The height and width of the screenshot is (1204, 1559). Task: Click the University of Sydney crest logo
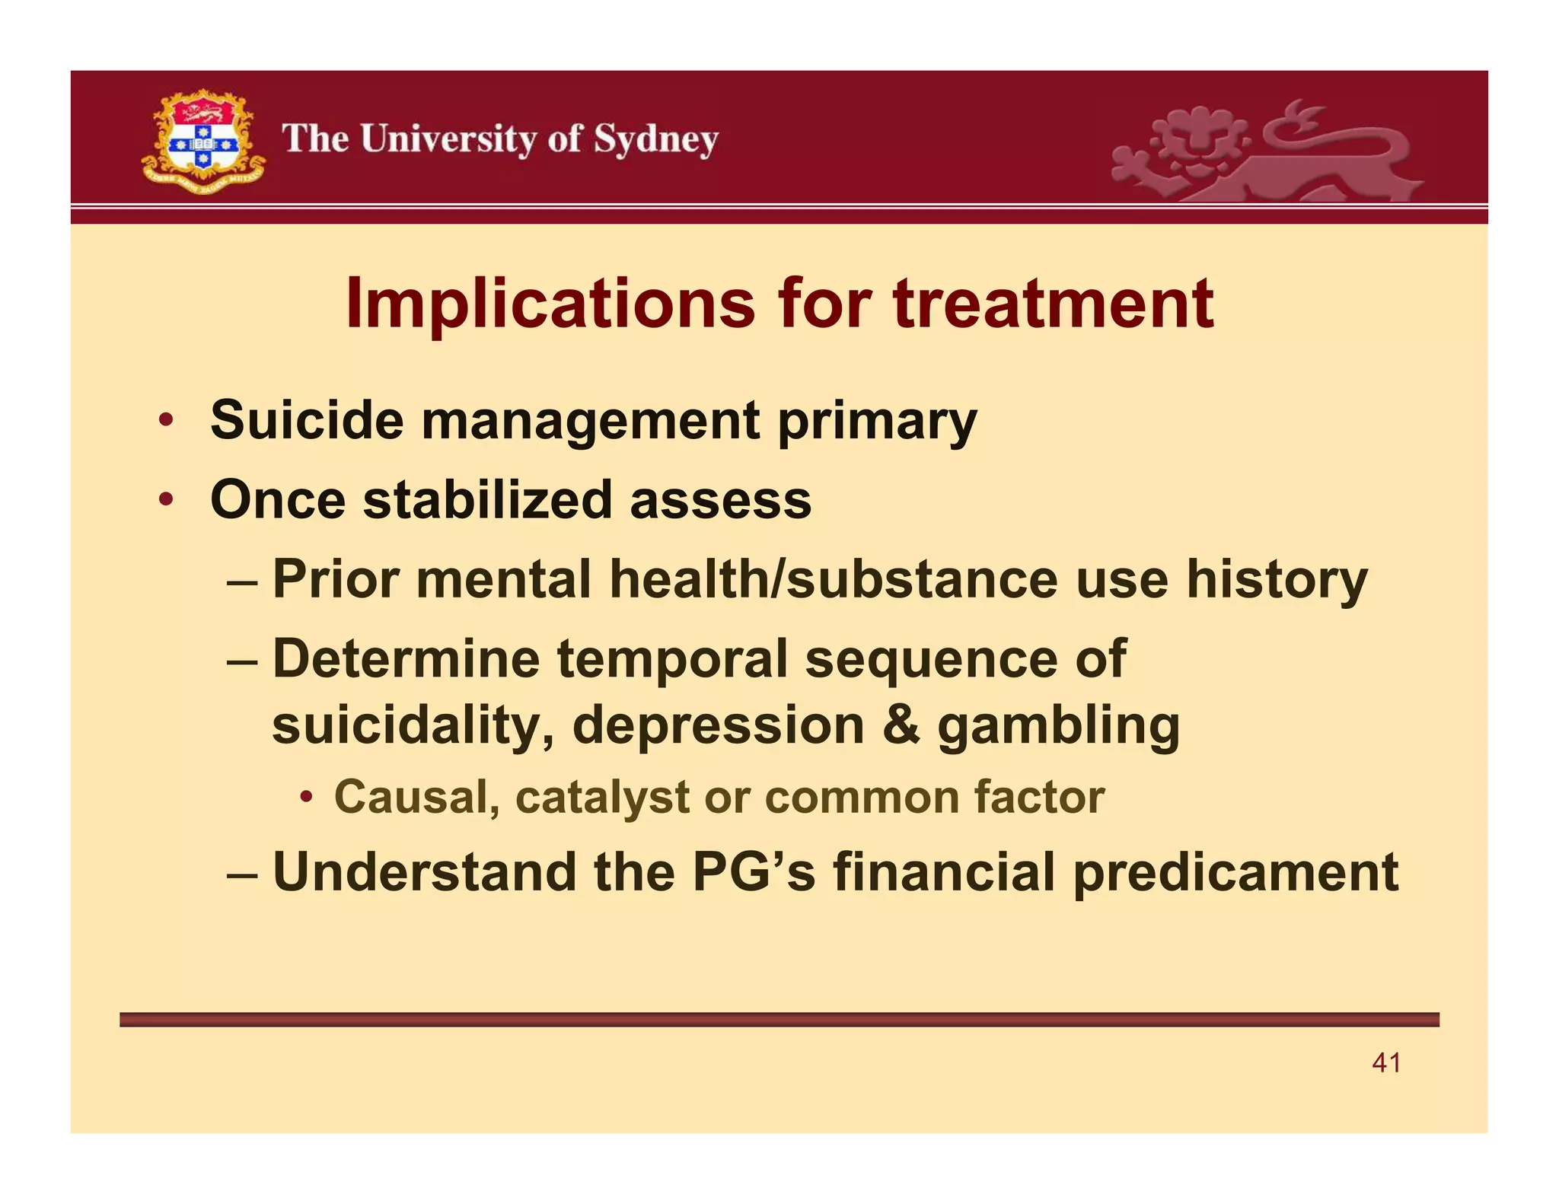pyautogui.click(x=203, y=142)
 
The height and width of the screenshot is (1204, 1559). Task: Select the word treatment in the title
pyautogui.click(x=1053, y=304)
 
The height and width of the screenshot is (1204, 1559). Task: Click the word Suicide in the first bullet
pyautogui.click(x=306, y=420)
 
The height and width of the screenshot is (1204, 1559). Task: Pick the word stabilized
pyautogui.click(x=487, y=500)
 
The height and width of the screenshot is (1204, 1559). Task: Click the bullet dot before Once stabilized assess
pyautogui.click(x=165, y=501)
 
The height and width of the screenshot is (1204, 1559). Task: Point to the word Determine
pyautogui.click(x=406, y=658)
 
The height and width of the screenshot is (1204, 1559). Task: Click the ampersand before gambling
pyautogui.click(x=901, y=725)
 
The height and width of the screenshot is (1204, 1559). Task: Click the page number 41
pyautogui.click(x=1386, y=1062)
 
